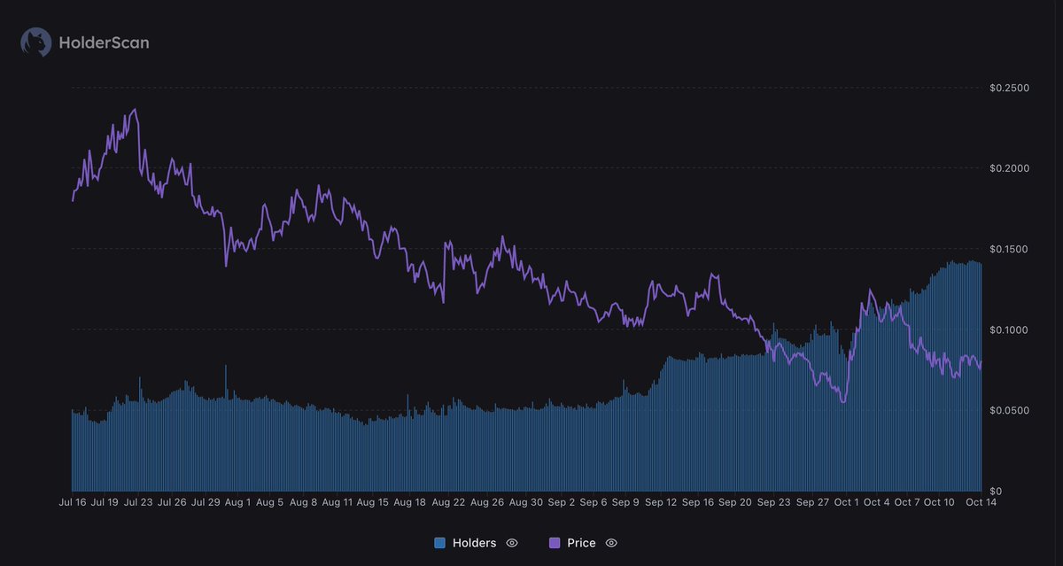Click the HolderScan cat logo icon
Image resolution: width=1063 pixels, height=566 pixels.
point(36,42)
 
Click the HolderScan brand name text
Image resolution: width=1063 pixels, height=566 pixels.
point(104,42)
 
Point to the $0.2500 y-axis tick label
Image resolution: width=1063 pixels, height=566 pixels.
point(1010,88)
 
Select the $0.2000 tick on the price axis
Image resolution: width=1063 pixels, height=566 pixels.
point(1010,168)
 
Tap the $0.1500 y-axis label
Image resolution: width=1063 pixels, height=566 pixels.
point(1010,249)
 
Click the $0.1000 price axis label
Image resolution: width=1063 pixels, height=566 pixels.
point(1010,330)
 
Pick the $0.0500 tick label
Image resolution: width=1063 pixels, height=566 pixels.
point(1010,410)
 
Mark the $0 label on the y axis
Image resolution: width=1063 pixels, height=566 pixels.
point(996,491)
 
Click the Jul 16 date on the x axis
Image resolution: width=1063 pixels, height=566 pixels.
point(72,502)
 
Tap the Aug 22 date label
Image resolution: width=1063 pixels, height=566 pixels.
point(447,502)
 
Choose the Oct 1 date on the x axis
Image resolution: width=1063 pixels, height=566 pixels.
point(845,502)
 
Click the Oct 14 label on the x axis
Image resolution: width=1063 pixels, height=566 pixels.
point(974,502)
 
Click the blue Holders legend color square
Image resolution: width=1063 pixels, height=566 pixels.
point(440,543)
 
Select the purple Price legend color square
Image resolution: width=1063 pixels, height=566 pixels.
point(555,543)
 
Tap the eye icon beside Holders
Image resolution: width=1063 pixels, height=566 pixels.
point(511,543)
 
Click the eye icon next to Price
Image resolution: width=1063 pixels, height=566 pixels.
point(610,543)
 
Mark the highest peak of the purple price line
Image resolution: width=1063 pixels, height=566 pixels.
point(135,110)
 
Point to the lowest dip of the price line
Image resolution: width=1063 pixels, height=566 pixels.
point(842,402)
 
